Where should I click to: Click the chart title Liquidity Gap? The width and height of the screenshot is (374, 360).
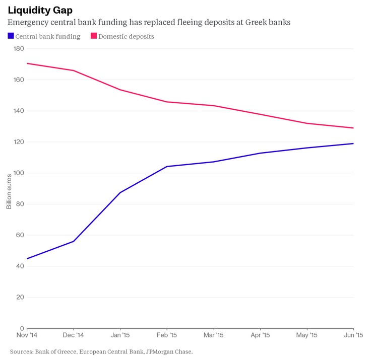[x=40, y=10]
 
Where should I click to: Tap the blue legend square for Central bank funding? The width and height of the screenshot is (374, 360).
[x=11, y=36]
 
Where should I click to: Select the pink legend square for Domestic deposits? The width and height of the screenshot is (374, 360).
[x=94, y=36]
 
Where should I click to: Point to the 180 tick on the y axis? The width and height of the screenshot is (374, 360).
[x=19, y=49]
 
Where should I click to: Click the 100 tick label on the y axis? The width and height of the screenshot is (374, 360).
[x=19, y=173]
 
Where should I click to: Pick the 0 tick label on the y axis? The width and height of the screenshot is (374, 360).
[x=22, y=328]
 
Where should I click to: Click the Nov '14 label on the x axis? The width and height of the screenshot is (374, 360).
[x=27, y=335]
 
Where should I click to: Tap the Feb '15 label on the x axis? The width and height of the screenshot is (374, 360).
[x=167, y=335]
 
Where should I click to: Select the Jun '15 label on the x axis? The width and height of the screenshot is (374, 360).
[x=353, y=335]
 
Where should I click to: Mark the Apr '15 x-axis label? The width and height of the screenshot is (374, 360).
[x=260, y=335]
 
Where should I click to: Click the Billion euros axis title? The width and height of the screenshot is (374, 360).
[x=9, y=191]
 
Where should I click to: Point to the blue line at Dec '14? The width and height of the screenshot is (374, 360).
[x=74, y=241]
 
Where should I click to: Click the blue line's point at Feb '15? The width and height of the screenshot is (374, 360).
[x=167, y=166]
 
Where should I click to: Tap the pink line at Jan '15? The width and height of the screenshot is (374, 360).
[x=120, y=90]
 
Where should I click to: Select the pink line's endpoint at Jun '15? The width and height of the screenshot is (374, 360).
[x=353, y=128]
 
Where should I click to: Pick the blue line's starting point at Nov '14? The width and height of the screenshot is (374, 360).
[x=27, y=259]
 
